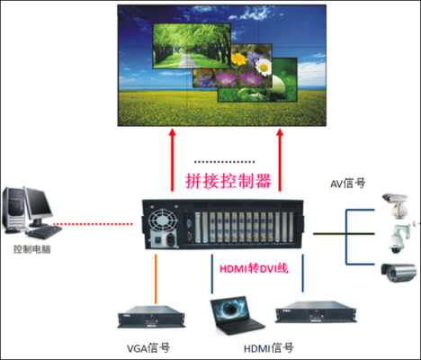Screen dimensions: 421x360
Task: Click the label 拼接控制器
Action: point(228,181)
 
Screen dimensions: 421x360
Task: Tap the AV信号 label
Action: point(348,183)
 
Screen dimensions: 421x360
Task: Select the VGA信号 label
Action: point(148,348)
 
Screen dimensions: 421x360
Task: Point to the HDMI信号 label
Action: point(269,348)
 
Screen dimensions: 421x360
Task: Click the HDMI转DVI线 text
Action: point(254,268)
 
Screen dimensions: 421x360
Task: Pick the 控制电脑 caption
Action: point(32,249)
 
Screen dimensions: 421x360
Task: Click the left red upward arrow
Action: point(172,160)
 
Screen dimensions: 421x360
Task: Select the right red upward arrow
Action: point(280,160)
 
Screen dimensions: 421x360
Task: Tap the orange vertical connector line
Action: point(156,279)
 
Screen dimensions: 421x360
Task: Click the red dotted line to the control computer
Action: point(93,224)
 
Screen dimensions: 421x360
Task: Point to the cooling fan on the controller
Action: point(163,220)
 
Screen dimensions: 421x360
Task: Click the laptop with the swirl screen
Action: point(237,316)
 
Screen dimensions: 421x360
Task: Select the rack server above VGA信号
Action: point(151,317)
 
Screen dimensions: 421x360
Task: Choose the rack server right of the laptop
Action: point(316,312)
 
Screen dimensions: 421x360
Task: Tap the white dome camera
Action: point(399,238)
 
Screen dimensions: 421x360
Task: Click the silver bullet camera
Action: point(399,272)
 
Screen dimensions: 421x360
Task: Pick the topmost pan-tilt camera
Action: point(395,205)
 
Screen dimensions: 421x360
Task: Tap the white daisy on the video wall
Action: point(264,67)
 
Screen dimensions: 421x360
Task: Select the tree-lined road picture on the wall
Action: point(192,46)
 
